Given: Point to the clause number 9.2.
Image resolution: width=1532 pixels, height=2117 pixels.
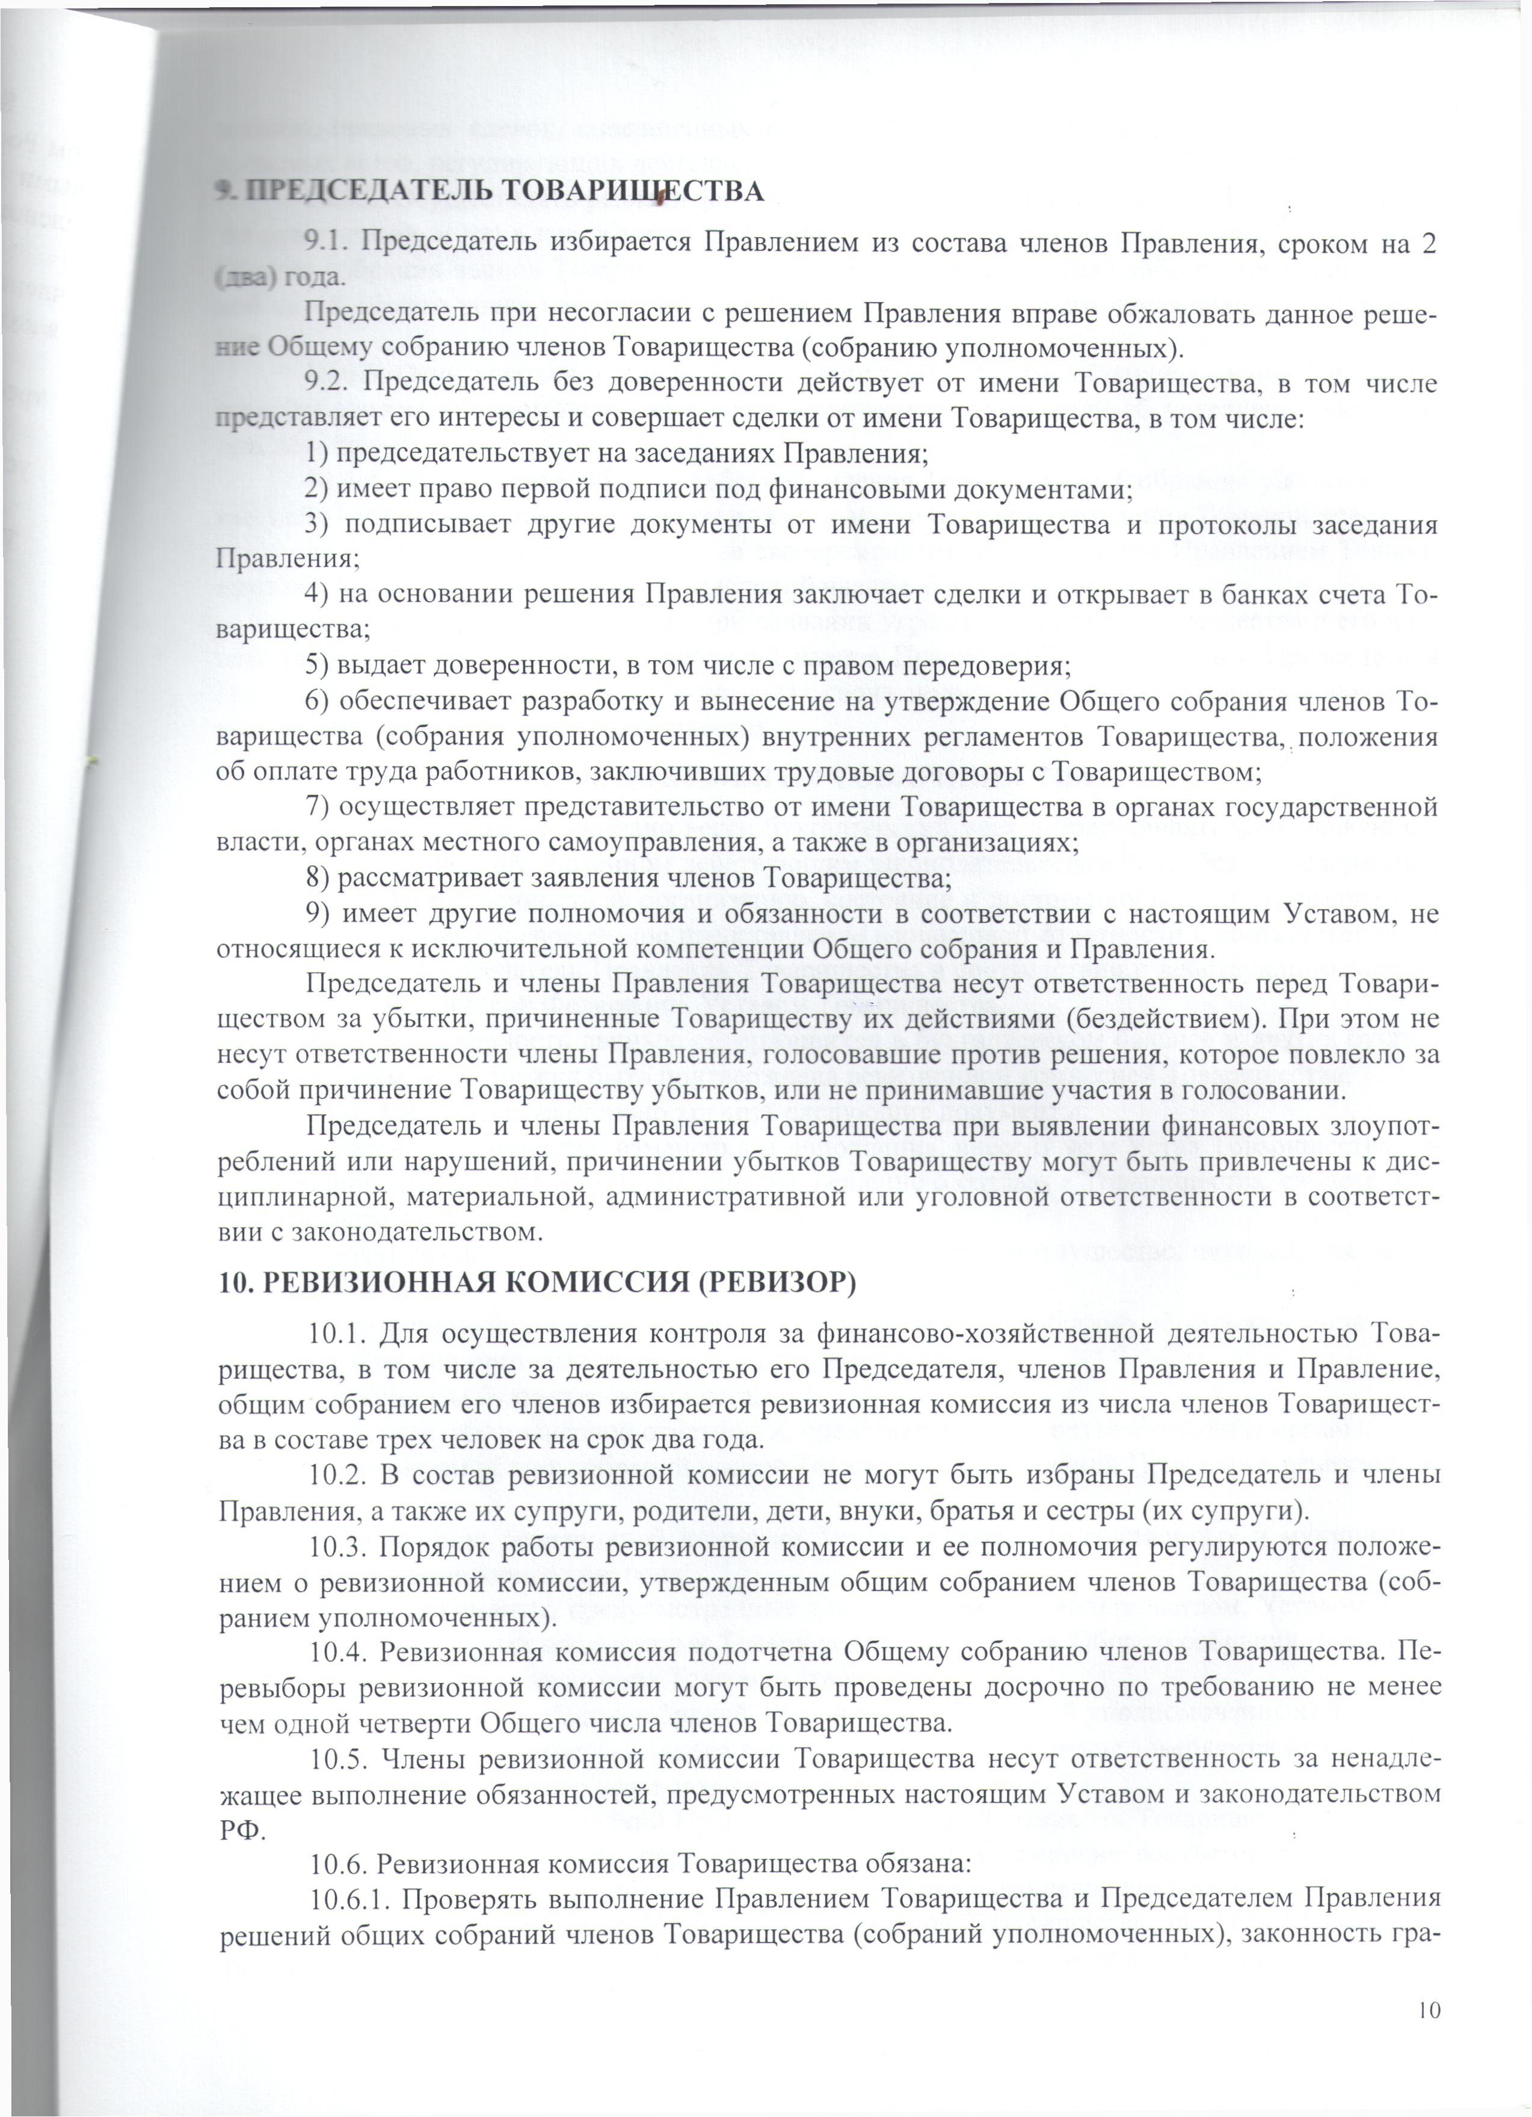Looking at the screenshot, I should (327, 383).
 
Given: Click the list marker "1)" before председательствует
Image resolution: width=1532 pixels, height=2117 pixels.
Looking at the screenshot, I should (316, 454).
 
